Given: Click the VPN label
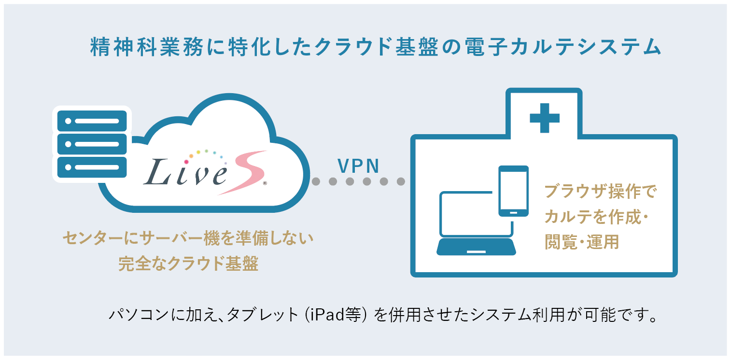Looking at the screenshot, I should click(x=358, y=166).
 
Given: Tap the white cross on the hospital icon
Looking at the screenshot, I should click(x=544, y=117).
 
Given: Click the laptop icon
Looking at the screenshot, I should click(x=476, y=225).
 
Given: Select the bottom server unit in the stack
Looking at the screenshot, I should click(x=92, y=167).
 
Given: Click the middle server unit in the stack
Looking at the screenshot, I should click(x=92, y=144).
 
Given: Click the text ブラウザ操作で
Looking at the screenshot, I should click(x=601, y=192).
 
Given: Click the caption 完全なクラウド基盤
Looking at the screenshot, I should click(x=188, y=263).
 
